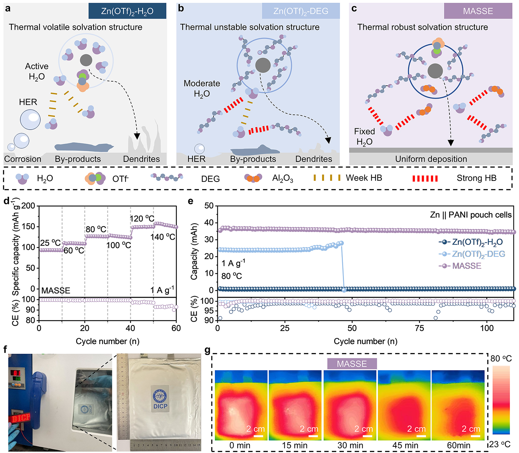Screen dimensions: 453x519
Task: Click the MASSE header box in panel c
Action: (478, 11)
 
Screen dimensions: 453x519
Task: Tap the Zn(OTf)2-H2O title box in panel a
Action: (127, 11)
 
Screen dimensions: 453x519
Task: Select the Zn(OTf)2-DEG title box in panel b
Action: (301, 11)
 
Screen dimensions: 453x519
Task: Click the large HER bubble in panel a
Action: (30, 120)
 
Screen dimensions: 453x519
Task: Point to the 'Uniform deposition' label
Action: (431, 159)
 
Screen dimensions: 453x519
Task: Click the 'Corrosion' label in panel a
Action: (22, 159)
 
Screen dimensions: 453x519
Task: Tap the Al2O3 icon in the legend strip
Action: (253, 178)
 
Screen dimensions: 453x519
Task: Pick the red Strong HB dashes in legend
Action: (425, 178)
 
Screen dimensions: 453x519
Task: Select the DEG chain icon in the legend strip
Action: (167, 177)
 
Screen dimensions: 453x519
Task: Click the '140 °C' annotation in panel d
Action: (163, 237)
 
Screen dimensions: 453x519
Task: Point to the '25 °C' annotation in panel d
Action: (50, 243)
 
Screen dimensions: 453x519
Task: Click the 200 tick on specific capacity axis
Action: (28, 206)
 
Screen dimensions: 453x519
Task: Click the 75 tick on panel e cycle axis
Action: (419, 328)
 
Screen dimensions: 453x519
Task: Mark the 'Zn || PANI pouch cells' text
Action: (471, 215)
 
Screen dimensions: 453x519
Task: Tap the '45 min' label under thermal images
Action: (405, 445)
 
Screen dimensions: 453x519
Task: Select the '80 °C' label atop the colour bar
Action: (501, 359)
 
